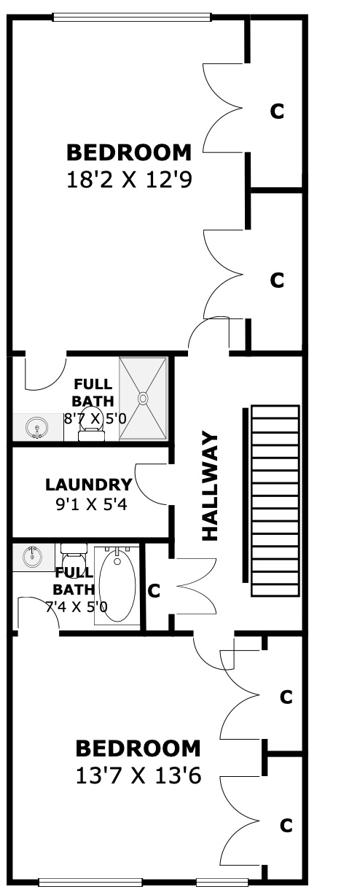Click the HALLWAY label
point(211,487)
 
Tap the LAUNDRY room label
point(88,485)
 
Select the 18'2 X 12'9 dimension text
point(130,179)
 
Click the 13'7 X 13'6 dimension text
point(138,775)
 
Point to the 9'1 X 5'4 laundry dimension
point(91,504)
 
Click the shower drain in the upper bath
point(143,398)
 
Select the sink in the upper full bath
point(37,428)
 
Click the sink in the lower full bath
point(33,556)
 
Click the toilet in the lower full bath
point(74,555)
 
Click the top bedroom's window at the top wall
point(131,17)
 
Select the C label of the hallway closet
point(154,590)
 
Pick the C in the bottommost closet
point(286,826)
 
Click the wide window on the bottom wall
point(91,882)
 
